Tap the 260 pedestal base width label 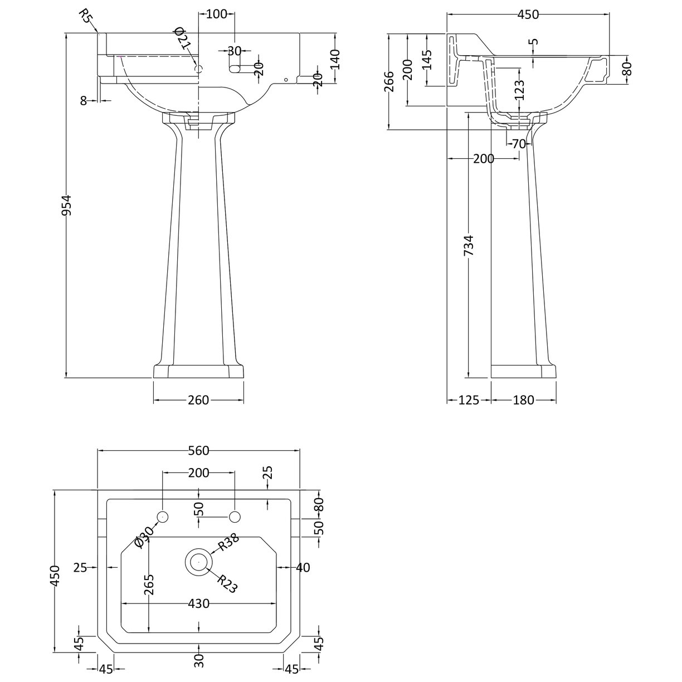point(198,400)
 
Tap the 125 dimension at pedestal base point(469,400)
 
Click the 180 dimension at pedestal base point(523,400)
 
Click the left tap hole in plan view point(163,517)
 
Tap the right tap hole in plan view point(235,517)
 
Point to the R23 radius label point(227,584)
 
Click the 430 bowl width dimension point(198,603)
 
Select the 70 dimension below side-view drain point(519,144)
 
